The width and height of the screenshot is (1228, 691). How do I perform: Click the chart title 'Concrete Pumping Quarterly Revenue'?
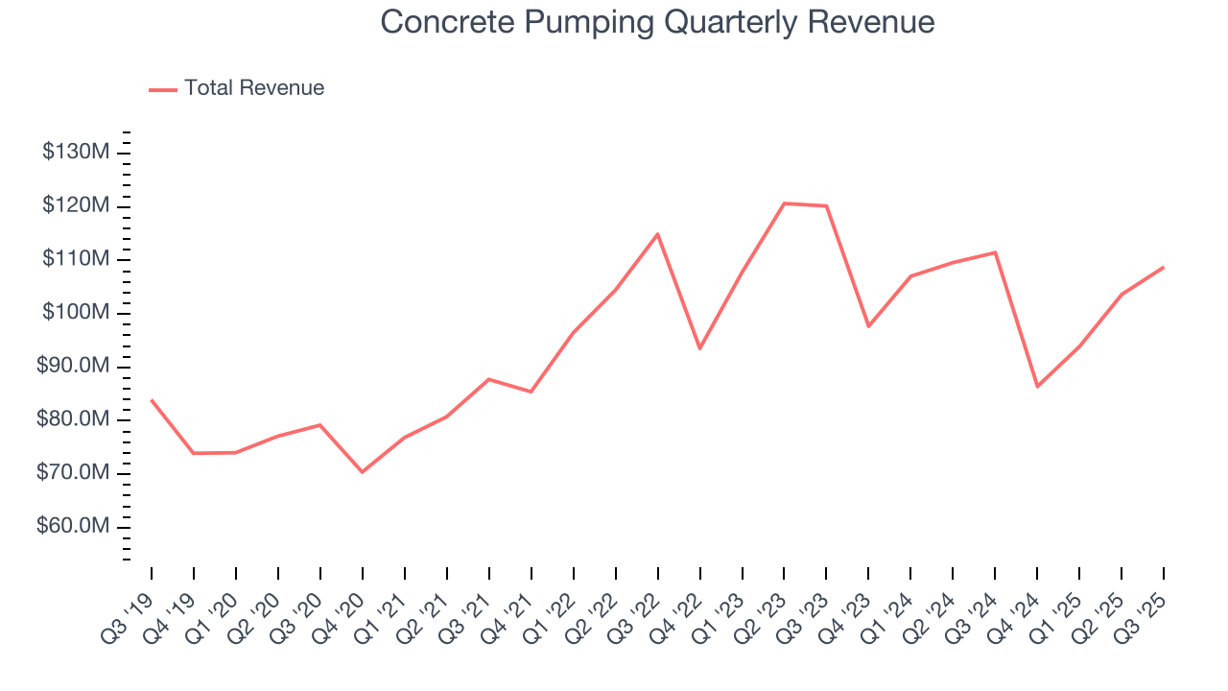coord(657,21)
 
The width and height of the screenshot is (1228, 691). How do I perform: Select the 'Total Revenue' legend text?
coord(254,88)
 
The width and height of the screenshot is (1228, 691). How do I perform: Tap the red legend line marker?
coord(163,89)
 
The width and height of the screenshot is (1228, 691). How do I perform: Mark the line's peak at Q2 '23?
coord(784,203)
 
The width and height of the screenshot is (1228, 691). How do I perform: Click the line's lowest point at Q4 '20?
coord(362,472)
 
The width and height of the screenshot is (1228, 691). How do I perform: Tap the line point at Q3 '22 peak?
coord(657,234)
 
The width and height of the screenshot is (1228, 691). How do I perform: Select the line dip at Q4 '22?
coord(699,348)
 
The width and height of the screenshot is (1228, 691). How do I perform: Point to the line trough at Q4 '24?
coord(1037,387)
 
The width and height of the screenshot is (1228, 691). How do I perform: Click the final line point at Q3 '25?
coord(1164,267)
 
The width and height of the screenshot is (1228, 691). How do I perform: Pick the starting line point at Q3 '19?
coord(152,400)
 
